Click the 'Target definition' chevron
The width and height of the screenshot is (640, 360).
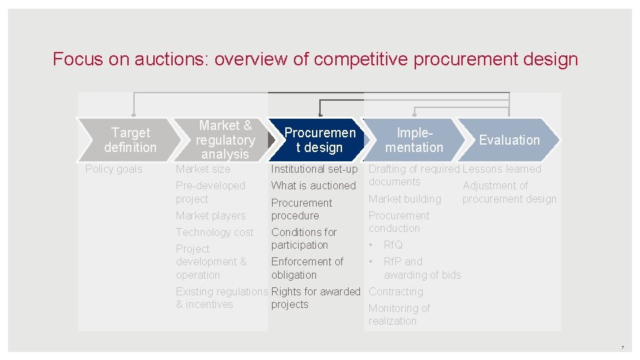[130, 140]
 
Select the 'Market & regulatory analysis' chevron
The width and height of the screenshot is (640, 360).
[225, 140]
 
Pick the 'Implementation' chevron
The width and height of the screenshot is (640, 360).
[414, 140]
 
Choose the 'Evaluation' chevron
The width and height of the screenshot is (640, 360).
[509, 140]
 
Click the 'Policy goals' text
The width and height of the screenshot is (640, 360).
[114, 169]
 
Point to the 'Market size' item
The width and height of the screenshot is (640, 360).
[203, 169]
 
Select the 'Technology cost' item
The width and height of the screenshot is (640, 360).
[215, 232]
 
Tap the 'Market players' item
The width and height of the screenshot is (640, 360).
[211, 215]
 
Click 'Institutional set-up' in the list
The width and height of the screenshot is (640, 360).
[314, 169]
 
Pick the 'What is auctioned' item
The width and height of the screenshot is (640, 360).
[313, 185]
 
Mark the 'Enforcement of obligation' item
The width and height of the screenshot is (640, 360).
[307, 268]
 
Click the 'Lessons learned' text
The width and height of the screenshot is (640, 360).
[502, 169]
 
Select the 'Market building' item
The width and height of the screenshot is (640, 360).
[405, 199]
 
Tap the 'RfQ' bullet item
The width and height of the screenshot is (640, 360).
[393, 245]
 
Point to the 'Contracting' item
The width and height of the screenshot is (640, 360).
[396, 291]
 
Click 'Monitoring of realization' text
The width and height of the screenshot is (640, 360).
[399, 315]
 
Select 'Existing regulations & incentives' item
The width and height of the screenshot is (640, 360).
[221, 298]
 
